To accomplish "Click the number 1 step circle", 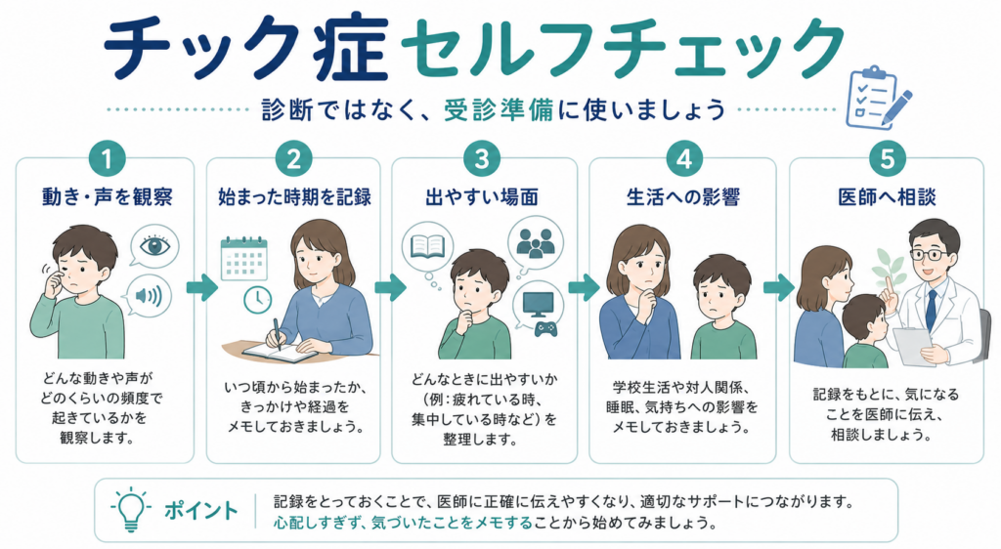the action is tap(107, 159).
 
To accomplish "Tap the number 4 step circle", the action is tap(683, 159).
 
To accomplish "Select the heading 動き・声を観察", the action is tap(108, 197).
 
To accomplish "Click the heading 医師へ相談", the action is tap(887, 197).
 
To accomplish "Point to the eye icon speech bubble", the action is tap(153, 246).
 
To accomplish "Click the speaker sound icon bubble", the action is tap(149, 296).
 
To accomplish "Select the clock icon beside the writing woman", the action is tap(258, 298).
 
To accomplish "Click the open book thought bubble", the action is tap(427, 246).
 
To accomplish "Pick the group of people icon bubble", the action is tap(536, 242).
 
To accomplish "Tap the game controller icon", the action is tap(545, 329).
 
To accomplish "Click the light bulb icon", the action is tap(130, 510).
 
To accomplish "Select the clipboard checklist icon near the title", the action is tap(878, 98).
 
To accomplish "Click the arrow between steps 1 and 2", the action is tap(201, 288).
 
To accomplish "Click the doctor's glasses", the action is tap(929, 254).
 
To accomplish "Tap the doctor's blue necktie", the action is tap(931, 311).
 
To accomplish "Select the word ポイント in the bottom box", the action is tap(201, 510).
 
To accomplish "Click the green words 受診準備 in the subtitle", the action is tap(499, 109).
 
